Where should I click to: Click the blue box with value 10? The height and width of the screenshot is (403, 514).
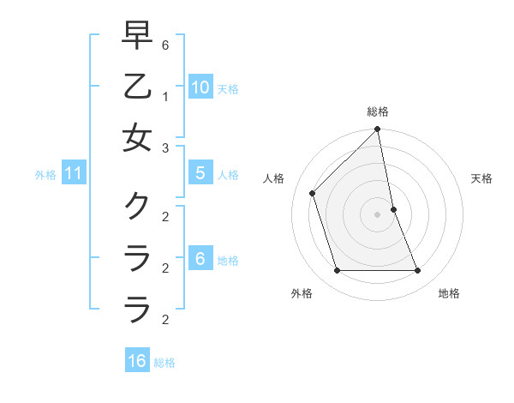(200, 87)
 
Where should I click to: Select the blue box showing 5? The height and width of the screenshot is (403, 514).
(200, 173)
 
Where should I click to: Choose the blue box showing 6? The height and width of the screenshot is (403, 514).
(200, 259)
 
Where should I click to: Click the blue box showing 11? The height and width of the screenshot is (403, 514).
(74, 174)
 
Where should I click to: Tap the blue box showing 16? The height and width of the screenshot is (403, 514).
(137, 361)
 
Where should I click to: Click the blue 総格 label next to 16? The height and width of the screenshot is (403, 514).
(165, 363)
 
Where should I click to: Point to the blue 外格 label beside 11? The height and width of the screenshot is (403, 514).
(45, 175)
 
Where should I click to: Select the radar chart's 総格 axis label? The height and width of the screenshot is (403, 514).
(378, 111)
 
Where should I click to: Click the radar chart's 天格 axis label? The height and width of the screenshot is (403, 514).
(482, 178)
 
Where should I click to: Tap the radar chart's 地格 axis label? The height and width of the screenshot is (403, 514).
(449, 293)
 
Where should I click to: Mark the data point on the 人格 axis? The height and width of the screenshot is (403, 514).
(312, 193)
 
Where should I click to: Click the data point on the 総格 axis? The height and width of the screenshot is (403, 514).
(378, 130)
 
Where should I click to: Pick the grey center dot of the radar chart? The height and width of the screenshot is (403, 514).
(378, 214)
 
